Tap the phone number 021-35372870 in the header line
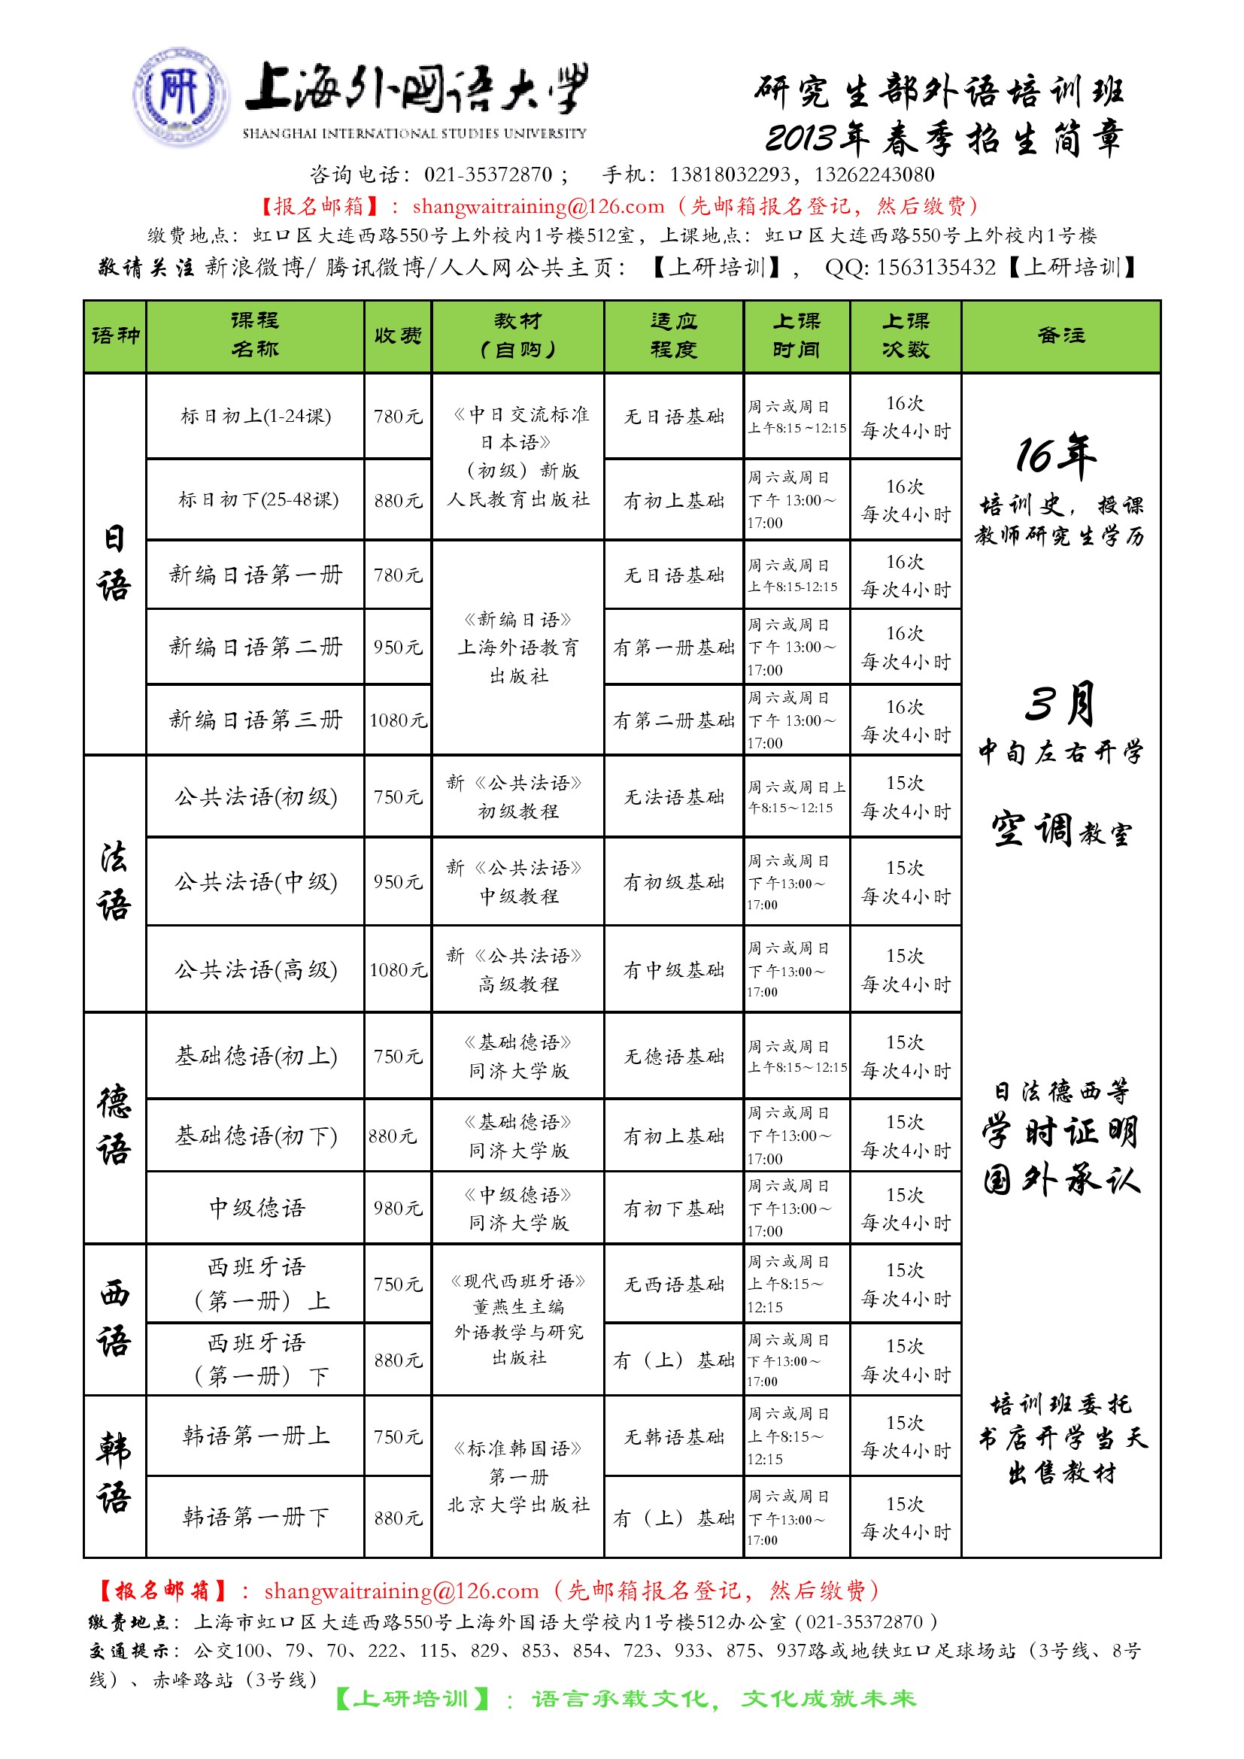point(488,174)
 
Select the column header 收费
point(398,335)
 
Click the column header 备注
point(1061,335)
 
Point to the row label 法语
point(114,883)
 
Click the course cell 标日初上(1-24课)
point(255,416)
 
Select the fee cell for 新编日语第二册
point(398,647)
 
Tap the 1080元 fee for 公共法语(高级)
point(398,970)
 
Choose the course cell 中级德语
point(256,1208)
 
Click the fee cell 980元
point(398,1209)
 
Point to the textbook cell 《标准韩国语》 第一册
point(519,1475)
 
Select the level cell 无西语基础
point(673,1284)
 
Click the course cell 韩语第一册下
point(255,1516)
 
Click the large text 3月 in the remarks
point(1060,703)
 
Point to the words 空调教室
point(1060,830)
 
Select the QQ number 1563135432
point(936,268)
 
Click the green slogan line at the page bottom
point(626,1700)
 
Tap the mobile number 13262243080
point(874,174)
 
